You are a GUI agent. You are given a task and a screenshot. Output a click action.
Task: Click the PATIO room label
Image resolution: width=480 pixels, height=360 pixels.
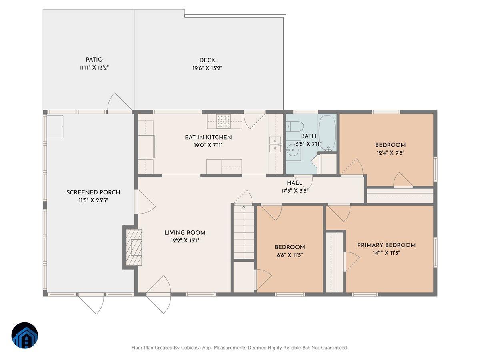[x=94, y=60]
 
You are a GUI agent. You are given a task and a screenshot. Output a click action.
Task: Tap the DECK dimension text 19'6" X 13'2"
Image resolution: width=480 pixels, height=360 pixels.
[x=207, y=68]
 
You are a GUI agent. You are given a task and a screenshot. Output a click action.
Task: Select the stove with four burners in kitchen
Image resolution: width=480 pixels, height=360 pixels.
[x=224, y=121]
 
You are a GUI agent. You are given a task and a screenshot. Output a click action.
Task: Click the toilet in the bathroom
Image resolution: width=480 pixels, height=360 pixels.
[x=294, y=127]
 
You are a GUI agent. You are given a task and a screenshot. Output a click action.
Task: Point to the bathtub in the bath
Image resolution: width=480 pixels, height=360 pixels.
[x=327, y=133]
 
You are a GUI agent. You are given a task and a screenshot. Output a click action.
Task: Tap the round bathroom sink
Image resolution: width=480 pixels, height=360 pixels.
[x=293, y=152]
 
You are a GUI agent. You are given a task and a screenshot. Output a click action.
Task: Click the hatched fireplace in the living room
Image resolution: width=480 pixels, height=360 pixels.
[x=134, y=247]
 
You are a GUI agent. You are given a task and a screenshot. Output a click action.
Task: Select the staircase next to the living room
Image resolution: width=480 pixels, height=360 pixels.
[x=244, y=232]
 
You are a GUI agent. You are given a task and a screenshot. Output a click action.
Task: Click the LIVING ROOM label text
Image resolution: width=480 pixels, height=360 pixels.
[x=185, y=233]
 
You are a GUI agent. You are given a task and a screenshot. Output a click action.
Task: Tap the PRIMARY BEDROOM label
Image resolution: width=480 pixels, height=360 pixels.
[x=386, y=245]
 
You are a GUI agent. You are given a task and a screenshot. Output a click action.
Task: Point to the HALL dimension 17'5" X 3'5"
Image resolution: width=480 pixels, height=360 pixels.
[x=294, y=191]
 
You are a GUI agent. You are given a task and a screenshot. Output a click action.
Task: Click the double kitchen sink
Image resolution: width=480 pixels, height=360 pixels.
[x=275, y=144]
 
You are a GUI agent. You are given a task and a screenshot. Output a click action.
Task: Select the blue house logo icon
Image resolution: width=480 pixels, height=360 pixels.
[x=24, y=336]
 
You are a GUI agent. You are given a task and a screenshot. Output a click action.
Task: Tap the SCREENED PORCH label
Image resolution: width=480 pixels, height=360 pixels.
[x=93, y=193]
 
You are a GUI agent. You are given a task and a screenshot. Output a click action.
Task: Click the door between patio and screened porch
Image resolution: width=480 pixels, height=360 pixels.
[x=119, y=104]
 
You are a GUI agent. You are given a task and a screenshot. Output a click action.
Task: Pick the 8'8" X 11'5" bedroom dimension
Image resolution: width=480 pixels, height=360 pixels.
[x=290, y=255]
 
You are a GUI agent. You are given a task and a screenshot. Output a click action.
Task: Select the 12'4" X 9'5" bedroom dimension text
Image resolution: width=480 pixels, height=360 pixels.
[x=390, y=153]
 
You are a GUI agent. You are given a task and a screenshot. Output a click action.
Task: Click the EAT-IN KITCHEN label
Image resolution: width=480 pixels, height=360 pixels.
[x=208, y=137]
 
